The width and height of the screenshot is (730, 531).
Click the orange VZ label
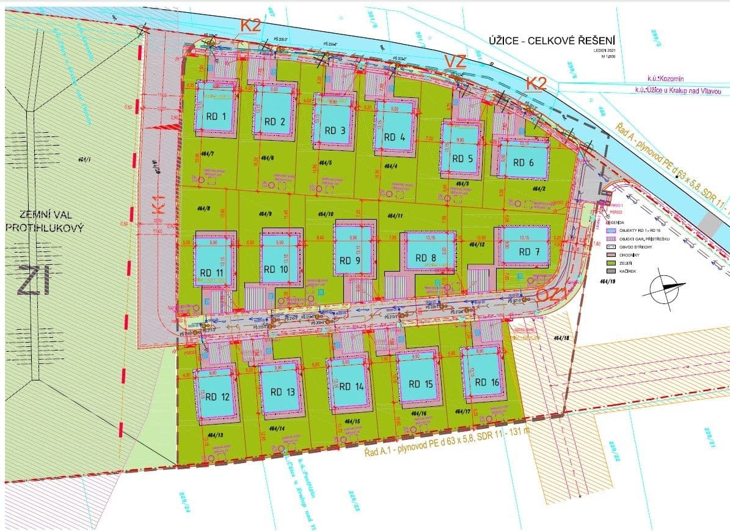tap(454, 61)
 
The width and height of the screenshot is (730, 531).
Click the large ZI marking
tap(34, 281)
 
